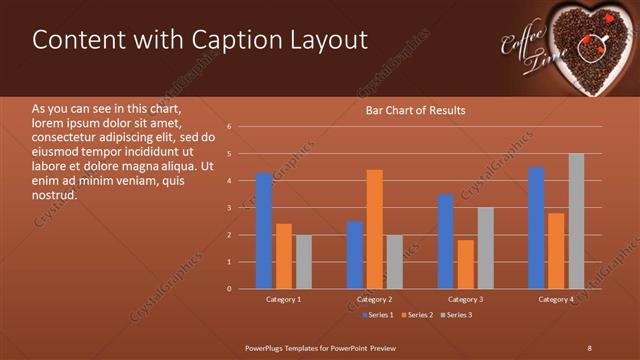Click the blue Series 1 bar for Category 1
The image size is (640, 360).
click(264, 231)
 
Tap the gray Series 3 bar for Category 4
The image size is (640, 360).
click(576, 221)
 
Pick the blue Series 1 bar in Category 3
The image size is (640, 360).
click(446, 241)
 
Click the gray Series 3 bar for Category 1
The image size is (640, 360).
click(303, 262)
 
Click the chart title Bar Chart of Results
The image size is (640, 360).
click(415, 110)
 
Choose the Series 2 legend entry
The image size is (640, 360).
click(418, 315)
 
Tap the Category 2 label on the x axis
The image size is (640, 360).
click(374, 299)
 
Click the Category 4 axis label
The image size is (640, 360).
click(556, 299)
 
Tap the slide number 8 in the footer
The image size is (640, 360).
click(589, 347)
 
